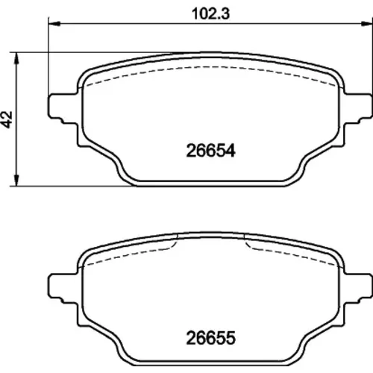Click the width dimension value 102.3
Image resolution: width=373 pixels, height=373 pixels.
(211, 13)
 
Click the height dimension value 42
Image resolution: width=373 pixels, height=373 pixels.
(7, 119)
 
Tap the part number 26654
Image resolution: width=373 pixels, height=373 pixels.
(210, 151)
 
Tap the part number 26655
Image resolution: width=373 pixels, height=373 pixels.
(210, 338)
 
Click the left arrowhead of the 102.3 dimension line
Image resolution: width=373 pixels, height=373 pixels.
(54, 24)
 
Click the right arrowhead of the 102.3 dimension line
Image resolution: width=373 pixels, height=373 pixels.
(367, 24)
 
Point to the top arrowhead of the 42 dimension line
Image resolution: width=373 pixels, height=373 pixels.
(16, 58)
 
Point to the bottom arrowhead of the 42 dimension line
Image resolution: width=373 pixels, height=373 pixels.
(16, 180)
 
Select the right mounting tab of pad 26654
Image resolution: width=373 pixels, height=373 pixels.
(357, 107)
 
